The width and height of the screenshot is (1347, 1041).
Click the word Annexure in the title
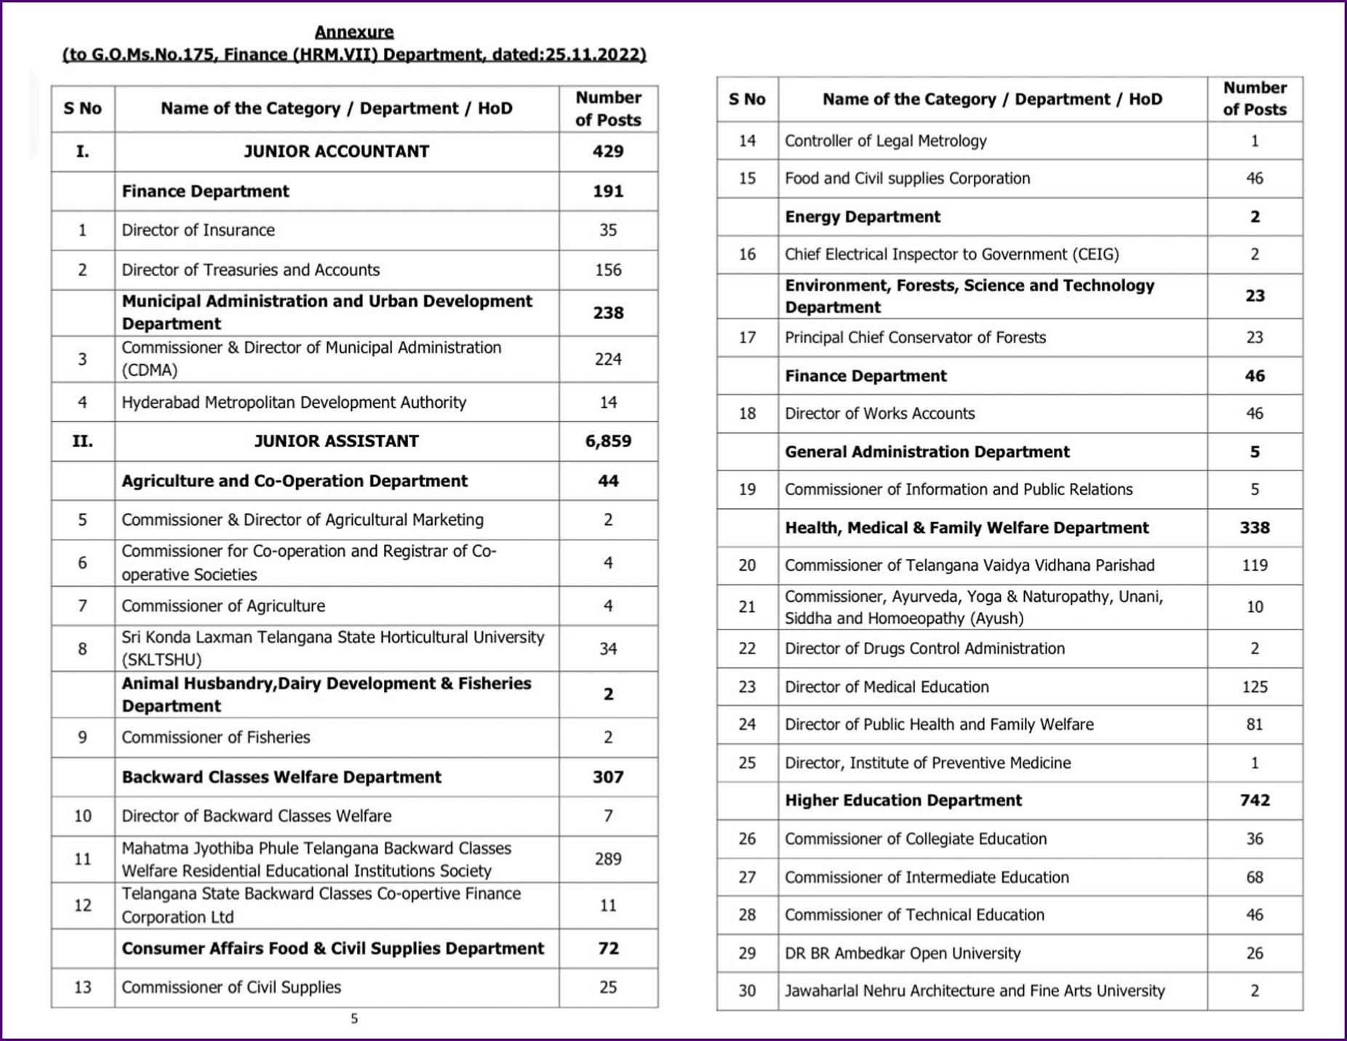point(354,32)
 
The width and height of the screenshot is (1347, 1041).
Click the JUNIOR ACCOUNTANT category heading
point(336,151)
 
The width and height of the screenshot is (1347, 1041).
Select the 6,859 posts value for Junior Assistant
point(608,441)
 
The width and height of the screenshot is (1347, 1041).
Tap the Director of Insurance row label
point(198,230)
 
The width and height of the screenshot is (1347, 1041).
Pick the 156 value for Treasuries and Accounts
point(608,270)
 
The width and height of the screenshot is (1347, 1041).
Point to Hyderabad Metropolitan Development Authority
point(294,402)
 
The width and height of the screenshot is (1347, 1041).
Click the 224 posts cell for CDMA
point(608,359)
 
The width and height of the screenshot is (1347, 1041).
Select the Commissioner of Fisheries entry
point(215,737)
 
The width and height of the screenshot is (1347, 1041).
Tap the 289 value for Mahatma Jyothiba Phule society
point(608,859)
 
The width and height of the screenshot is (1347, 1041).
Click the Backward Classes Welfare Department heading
point(281,777)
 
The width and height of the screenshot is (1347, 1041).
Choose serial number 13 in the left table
point(83,987)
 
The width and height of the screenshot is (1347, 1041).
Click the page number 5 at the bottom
point(354,1018)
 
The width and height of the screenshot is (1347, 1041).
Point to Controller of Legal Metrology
point(885,141)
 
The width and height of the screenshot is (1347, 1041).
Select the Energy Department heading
point(862,217)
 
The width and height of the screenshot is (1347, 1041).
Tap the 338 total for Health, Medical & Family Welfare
point(1255,528)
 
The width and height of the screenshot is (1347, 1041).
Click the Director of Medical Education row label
point(887,687)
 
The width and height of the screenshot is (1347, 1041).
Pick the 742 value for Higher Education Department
point(1255,800)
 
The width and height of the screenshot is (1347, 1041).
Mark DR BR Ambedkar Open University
point(903,953)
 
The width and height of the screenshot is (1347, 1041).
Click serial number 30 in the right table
point(747,991)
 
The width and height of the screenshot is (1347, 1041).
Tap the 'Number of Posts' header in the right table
point(1255,99)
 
